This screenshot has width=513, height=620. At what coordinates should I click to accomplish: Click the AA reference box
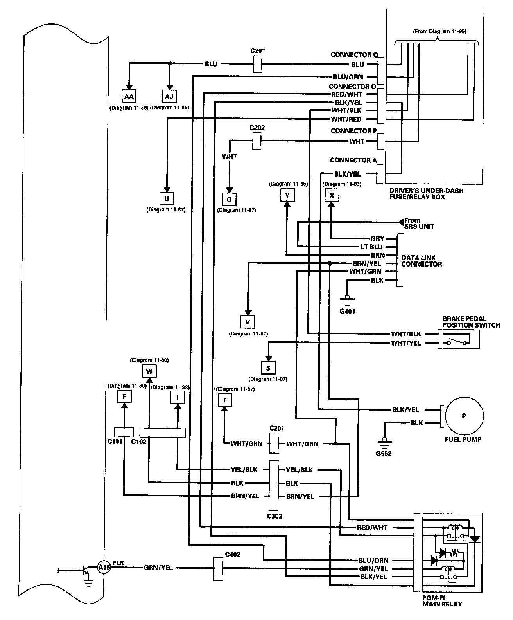tap(129, 96)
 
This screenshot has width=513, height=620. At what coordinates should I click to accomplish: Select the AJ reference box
tap(169, 97)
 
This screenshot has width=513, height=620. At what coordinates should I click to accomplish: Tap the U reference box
tap(167, 199)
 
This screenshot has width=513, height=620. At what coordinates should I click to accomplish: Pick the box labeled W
tap(149, 371)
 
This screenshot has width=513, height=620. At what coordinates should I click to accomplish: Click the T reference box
tap(225, 400)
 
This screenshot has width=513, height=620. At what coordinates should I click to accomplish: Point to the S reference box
tap(268, 368)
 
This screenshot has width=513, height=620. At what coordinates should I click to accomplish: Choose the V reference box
tap(248, 322)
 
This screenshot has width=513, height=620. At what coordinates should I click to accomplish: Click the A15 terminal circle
tap(104, 567)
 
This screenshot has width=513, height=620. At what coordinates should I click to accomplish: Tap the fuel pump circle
tap(464, 416)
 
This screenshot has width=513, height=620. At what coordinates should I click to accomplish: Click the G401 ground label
tap(347, 311)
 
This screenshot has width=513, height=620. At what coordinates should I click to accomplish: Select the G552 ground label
tap(384, 453)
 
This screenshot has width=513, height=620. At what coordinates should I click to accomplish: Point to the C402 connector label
tap(233, 554)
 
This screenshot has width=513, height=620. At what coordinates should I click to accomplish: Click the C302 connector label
tap(274, 516)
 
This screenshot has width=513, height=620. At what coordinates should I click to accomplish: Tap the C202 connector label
tap(257, 128)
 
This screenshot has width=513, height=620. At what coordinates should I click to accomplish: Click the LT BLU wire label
tap(371, 247)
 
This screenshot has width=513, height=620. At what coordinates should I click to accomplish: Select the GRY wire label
tap(377, 238)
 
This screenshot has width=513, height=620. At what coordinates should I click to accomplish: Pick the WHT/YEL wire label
tap(405, 343)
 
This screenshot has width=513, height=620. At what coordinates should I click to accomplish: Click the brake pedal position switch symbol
tap(461, 339)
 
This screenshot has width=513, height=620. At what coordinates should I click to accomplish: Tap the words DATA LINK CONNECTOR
tap(422, 261)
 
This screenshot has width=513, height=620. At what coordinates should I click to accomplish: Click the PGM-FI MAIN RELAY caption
tap(442, 601)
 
